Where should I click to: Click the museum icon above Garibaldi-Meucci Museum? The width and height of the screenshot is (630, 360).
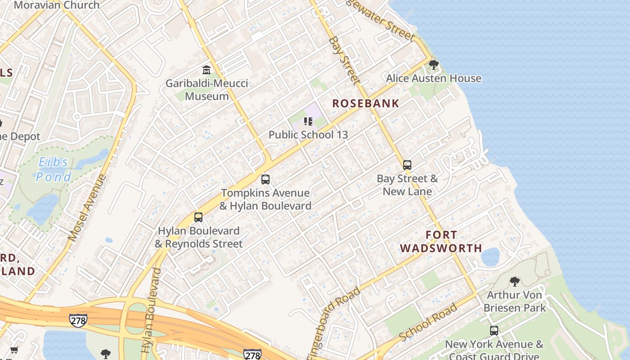207,70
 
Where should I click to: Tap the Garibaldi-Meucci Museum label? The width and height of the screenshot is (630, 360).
207,90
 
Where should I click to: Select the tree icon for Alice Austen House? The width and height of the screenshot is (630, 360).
434,65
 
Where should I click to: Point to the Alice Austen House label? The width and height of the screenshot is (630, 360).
433,78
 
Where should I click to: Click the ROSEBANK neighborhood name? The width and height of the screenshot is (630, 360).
365,103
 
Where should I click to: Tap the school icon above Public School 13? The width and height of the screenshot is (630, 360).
308,121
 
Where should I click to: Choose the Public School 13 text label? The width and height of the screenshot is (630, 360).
308,135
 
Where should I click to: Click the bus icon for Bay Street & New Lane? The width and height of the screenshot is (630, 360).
407,165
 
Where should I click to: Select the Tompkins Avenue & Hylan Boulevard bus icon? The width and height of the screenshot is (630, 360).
265,180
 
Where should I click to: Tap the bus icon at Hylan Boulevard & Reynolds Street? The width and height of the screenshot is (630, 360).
198,217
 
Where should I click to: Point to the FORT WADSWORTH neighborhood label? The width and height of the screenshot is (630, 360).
441,242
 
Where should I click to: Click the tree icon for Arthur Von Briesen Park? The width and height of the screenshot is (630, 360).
514,282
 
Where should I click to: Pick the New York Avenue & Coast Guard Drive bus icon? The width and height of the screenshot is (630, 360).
494,331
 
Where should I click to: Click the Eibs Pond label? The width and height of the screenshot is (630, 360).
54,169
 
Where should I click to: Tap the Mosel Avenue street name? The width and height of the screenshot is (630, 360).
87,207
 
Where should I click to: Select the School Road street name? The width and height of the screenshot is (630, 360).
428,322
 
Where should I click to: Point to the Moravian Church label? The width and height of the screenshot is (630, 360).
56,5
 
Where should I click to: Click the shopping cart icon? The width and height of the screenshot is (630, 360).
14,350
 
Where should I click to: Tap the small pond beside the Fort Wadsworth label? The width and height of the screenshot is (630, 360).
490,256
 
